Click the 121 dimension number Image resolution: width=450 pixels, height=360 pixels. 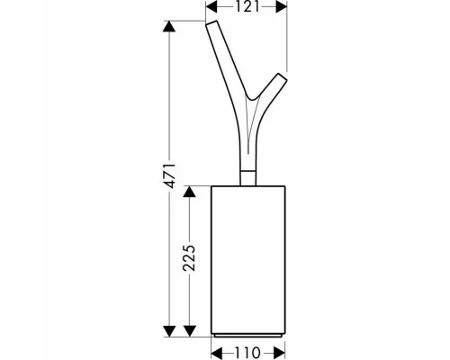[x=247, y=6]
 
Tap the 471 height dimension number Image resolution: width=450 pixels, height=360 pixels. [x=170, y=176]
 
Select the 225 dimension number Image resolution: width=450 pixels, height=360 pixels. [x=189, y=258]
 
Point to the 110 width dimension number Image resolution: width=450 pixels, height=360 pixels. [x=247, y=353]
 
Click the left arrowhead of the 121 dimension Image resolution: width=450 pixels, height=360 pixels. [x=211, y=6]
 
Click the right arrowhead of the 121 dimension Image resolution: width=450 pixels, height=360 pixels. [x=282, y=6]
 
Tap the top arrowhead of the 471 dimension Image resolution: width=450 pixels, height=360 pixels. [x=169, y=26]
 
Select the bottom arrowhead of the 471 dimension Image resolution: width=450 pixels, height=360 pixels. [x=169, y=331]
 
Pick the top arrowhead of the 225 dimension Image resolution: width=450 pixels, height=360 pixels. [x=189, y=192]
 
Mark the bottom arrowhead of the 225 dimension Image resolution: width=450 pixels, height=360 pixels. [x=189, y=331]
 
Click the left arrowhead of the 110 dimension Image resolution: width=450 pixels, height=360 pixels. [x=217, y=353]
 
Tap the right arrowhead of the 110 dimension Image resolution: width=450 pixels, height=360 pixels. [x=280, y=353]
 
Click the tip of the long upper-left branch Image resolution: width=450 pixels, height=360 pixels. [x=211, y=22]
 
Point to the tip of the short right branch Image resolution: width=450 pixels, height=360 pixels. [x=283, y=76]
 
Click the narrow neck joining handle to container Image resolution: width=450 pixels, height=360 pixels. [x=248, y=178]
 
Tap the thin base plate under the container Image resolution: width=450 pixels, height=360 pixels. [x=247, y=335]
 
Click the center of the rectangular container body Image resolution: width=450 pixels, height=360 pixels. [x=248, y=259]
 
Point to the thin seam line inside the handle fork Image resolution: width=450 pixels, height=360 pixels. [x=248, y=126]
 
